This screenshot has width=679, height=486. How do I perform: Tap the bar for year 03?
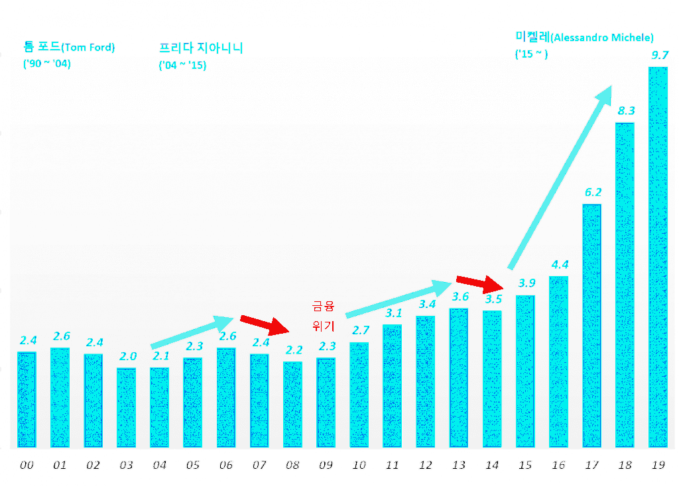[126, 407]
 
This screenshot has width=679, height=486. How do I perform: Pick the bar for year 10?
[359, 395]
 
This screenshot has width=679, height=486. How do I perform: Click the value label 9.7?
[659, 55]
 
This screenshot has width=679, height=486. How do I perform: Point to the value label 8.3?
[626, 111]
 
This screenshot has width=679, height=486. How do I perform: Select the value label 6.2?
[593, 193]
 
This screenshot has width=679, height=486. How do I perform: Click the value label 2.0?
[127, 356]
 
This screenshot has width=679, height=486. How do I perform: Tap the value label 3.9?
[526, 283]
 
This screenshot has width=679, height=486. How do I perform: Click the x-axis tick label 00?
[27, 465]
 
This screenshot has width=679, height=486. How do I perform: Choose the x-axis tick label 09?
[326, 465]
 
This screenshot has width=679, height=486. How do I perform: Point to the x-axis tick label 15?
[525, 465]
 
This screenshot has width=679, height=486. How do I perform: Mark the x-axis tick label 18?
[625, 465]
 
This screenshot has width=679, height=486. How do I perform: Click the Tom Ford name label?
[68, 48]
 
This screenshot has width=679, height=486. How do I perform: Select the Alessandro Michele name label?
[584, 37]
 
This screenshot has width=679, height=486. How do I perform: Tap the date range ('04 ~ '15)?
[182, 66]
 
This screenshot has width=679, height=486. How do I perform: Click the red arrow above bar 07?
[264, 324]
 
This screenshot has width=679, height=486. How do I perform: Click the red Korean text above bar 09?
[324, 316]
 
